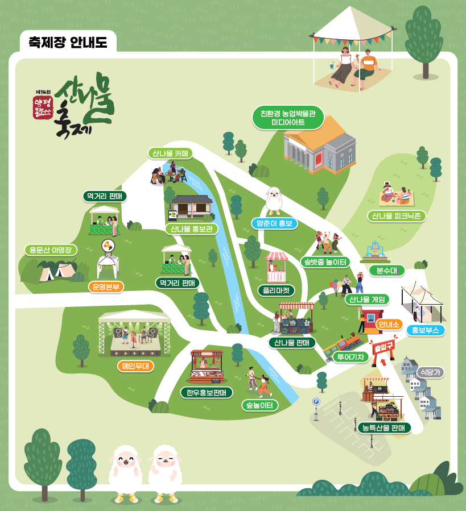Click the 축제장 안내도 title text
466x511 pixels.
tap(68, 43)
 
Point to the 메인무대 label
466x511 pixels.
tap(135, 366)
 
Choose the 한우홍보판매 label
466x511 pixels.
tap(207, 392)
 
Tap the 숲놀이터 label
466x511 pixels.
tap(259, 405)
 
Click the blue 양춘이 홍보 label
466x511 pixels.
tap(274, 223)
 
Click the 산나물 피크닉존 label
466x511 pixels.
tap(397, 216)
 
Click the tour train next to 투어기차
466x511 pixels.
tap(343, 345)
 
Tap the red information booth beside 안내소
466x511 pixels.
tap(372, 321)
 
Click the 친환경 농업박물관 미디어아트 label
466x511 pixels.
tap(288, 118)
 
